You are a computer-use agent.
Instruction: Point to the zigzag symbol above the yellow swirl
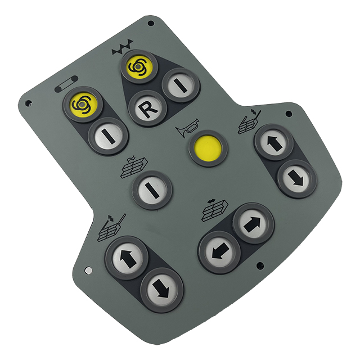point(123,49)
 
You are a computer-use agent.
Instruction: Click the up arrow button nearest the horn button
point(274,142)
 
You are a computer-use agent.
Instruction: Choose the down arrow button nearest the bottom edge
point(162,289)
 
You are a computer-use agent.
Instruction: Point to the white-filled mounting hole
point(88,271)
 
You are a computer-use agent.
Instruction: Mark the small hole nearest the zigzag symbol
point(150,24)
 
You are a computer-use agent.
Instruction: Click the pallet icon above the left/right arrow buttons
point(214,210)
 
